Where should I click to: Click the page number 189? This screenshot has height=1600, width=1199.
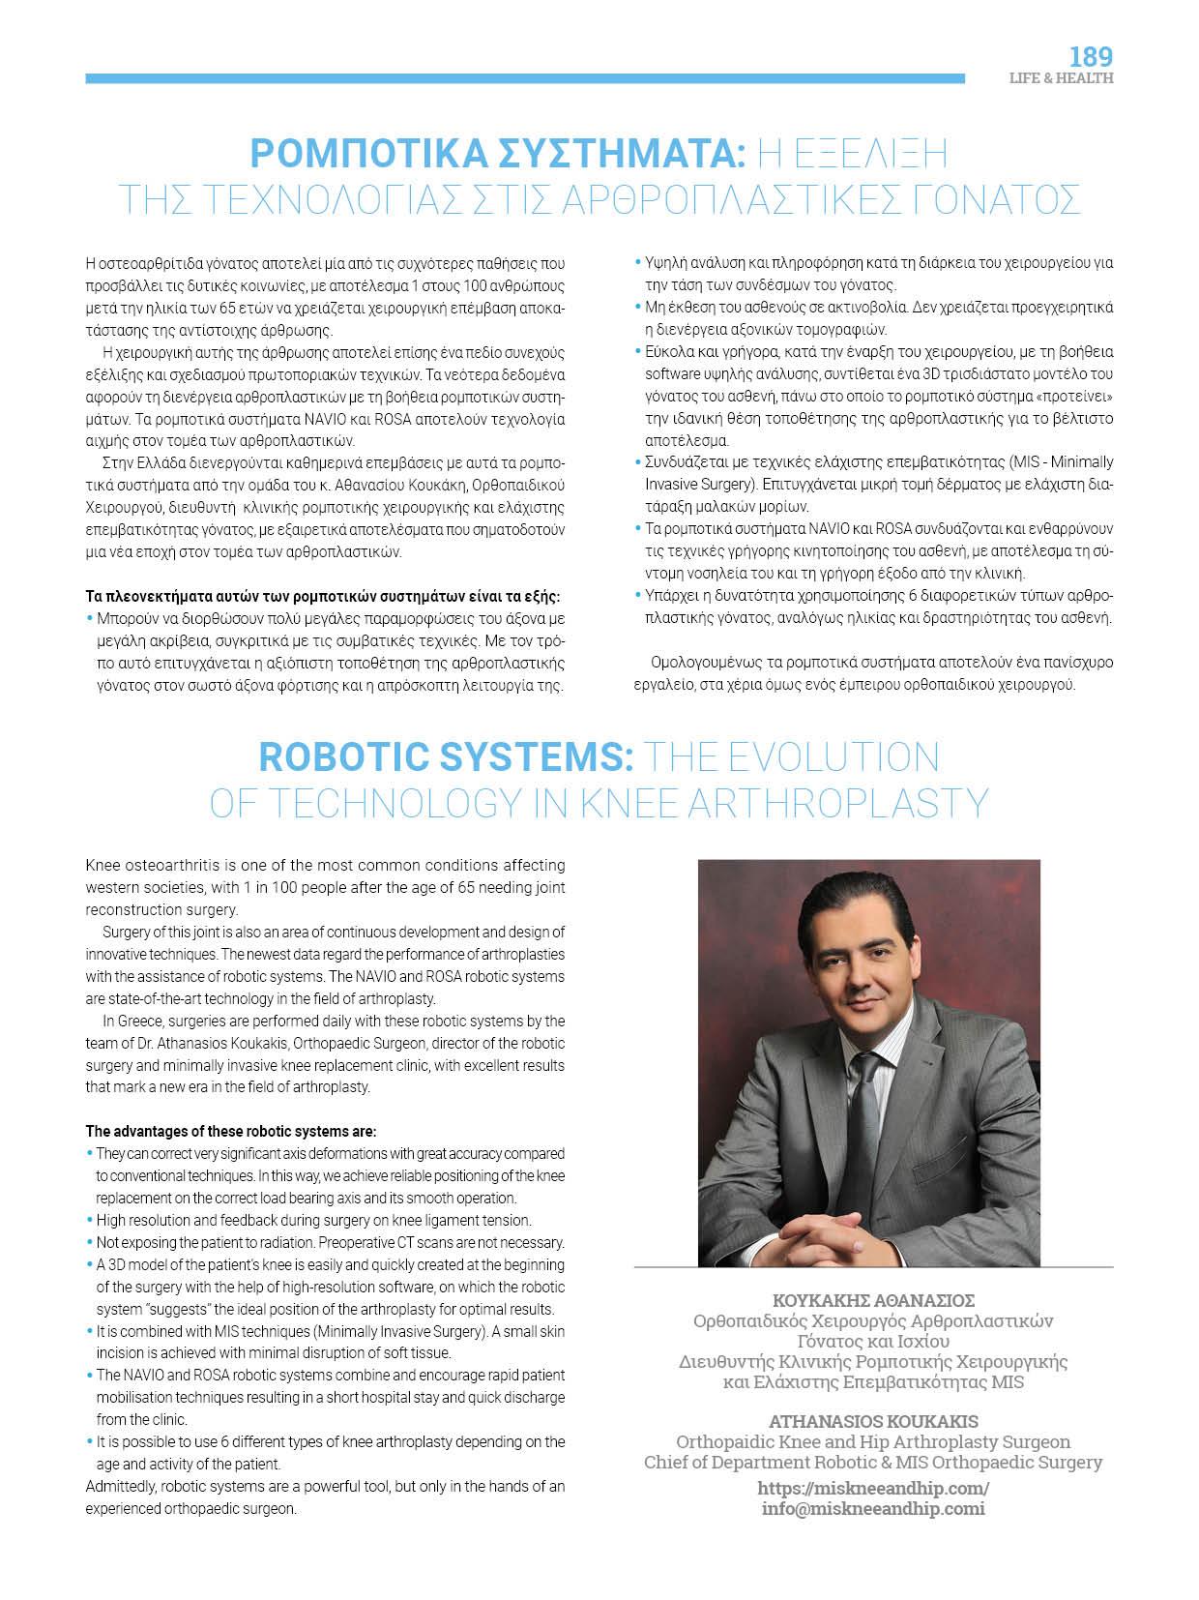1091,55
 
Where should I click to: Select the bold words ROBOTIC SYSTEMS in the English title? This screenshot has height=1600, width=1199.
446,757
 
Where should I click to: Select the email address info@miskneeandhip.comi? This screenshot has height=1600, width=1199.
873,1508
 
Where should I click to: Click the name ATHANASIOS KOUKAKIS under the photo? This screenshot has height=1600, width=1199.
873,1421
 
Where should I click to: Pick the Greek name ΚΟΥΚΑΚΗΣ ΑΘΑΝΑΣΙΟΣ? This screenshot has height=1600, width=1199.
873,1300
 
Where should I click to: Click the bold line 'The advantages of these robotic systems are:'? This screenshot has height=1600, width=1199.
231,1131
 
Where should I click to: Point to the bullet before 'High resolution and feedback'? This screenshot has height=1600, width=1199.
90,1220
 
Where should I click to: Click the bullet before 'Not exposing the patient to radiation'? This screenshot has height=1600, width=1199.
90,1242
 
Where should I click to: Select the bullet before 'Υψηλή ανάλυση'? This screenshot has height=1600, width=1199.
637,262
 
